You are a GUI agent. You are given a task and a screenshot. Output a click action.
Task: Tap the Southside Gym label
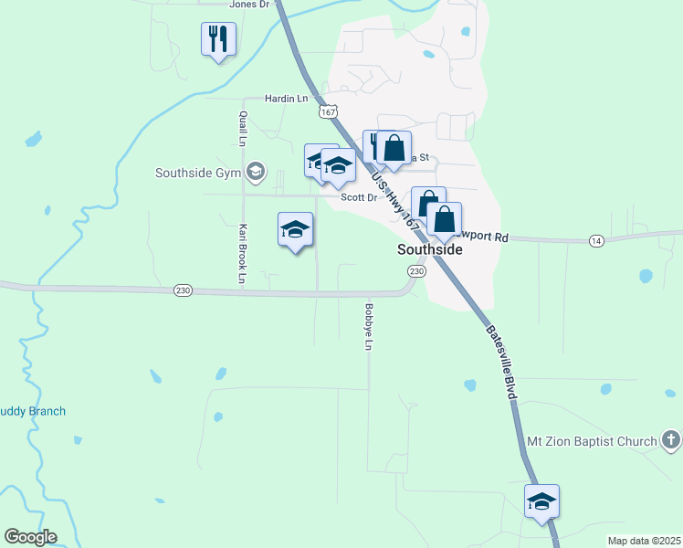click(197, 173)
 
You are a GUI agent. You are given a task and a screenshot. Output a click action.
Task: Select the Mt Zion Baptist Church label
click(593, 442)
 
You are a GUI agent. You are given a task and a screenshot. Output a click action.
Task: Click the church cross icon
click(671, 442)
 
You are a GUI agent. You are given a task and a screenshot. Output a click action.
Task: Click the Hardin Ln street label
click(287, 98)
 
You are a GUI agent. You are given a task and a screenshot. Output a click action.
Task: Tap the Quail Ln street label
click(243, 129)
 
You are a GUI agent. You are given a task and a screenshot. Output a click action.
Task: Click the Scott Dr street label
click(359, 197)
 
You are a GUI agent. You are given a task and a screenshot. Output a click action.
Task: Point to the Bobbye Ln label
click(369, 327)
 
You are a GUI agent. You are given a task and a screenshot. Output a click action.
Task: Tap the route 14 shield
click(596, 240)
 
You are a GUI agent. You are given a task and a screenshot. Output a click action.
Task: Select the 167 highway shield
click(327, 111)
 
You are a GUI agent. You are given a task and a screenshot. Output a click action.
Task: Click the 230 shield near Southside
click(416, 272)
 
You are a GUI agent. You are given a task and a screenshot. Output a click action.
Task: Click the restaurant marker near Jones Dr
click(218, 39)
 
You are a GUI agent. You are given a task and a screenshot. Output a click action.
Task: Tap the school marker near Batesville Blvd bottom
click(541, 501)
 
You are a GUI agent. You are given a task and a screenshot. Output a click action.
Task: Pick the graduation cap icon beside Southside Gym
click(256, 172)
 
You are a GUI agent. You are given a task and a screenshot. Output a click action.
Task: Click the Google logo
click(30, 537)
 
